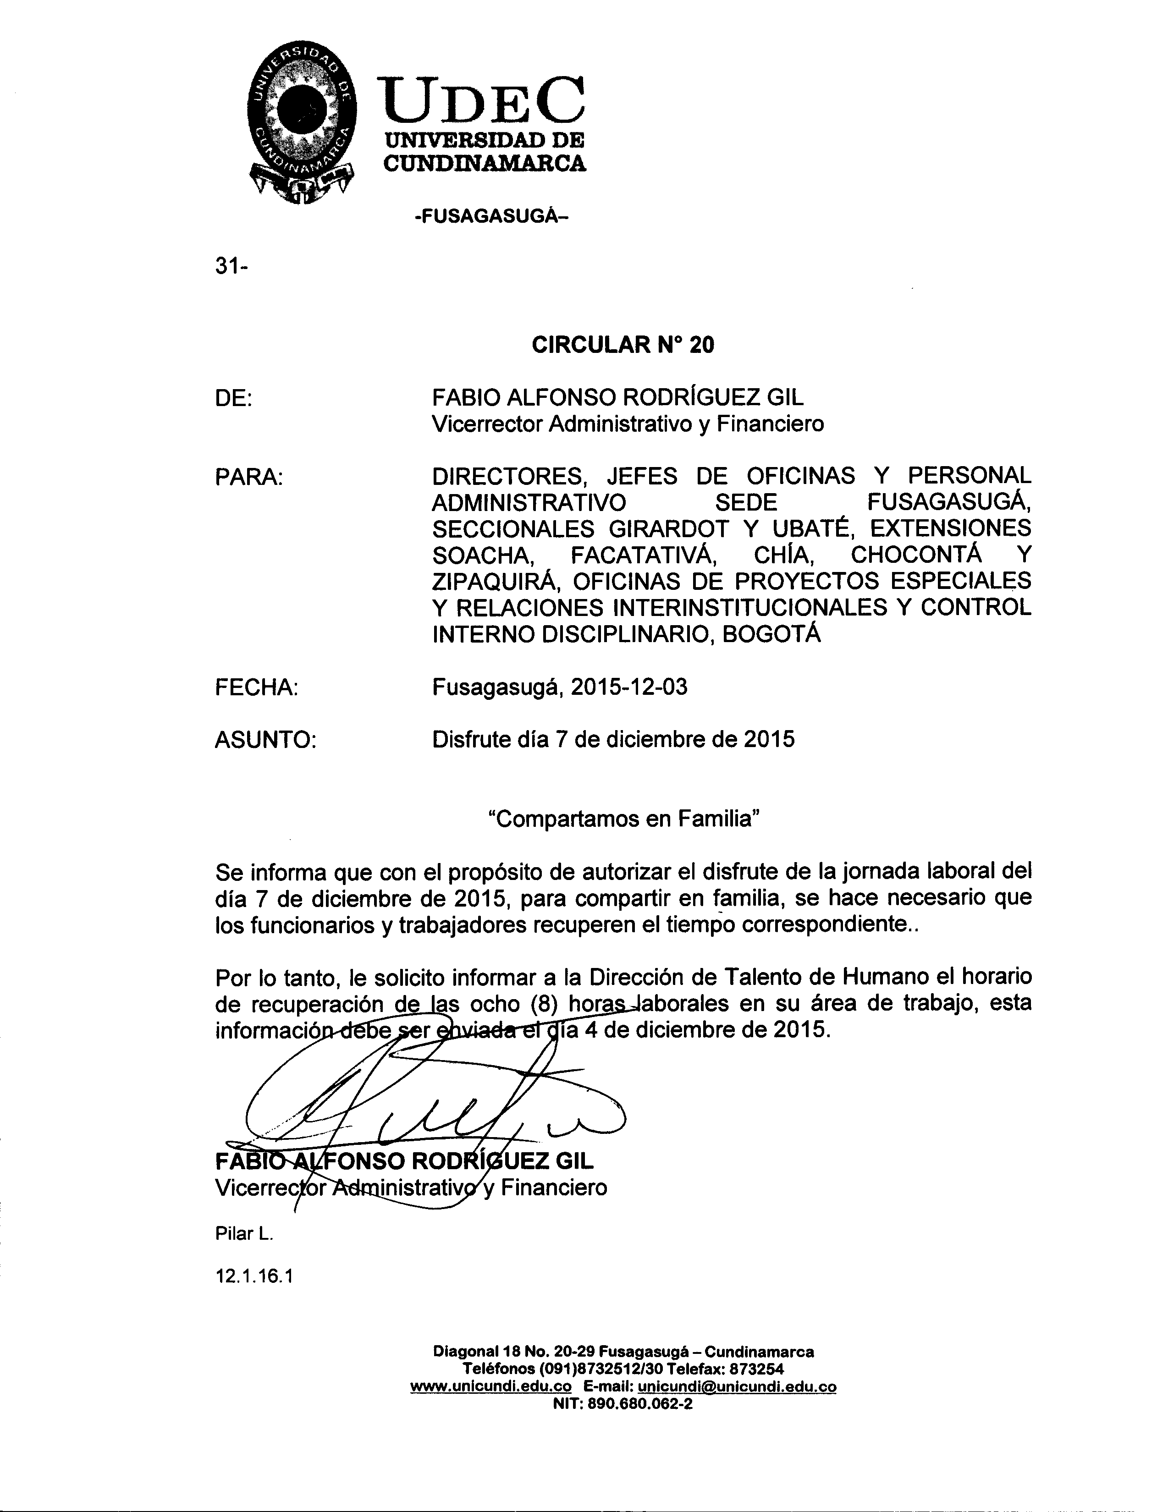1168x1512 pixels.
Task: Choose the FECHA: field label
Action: tap(256, 687)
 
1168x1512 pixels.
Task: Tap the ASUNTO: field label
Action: tap(265, 740)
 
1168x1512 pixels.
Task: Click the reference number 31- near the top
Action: tap(231, 267)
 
